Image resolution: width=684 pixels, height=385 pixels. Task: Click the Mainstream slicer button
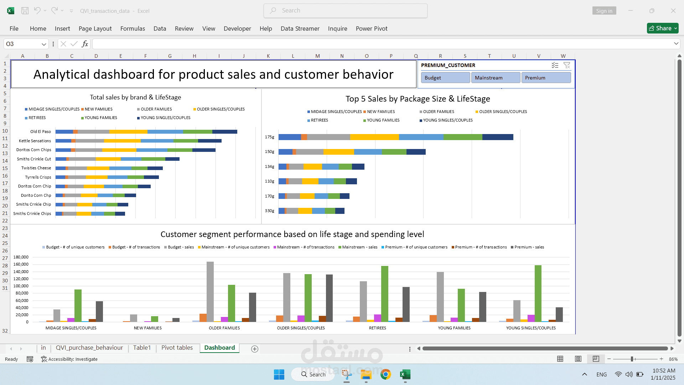[496, 78]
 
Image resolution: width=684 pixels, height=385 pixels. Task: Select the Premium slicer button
[546, 78]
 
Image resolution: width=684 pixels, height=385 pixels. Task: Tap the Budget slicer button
[445, 78]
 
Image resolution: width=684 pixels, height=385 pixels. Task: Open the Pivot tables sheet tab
[177, 348]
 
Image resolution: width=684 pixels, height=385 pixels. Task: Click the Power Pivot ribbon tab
[371, 29]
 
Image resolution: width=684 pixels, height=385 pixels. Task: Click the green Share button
[662, 28]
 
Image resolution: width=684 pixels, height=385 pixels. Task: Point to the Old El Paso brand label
[41, 132]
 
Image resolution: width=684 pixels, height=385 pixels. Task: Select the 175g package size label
[270, 137]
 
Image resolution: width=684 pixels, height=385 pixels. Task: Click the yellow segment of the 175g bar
[374, 137]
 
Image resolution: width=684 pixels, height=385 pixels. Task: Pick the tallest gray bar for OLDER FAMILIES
[210, 292]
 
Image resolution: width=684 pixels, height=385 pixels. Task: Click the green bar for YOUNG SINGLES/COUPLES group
[538, 293]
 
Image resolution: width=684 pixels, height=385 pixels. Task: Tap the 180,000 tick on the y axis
[21, 257]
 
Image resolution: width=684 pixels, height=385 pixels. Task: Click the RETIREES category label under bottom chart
[377, 328]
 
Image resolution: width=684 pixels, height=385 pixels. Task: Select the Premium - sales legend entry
[529, 247]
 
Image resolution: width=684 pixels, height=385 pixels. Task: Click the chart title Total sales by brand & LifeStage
[135, 97]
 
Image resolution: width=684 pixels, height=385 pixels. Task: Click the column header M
[317, 56]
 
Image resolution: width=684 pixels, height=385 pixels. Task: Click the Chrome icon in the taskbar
[385, 374]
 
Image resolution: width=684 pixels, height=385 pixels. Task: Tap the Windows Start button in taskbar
[279, 374]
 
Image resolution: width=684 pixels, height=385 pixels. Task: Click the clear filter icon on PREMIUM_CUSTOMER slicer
[567, 65]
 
